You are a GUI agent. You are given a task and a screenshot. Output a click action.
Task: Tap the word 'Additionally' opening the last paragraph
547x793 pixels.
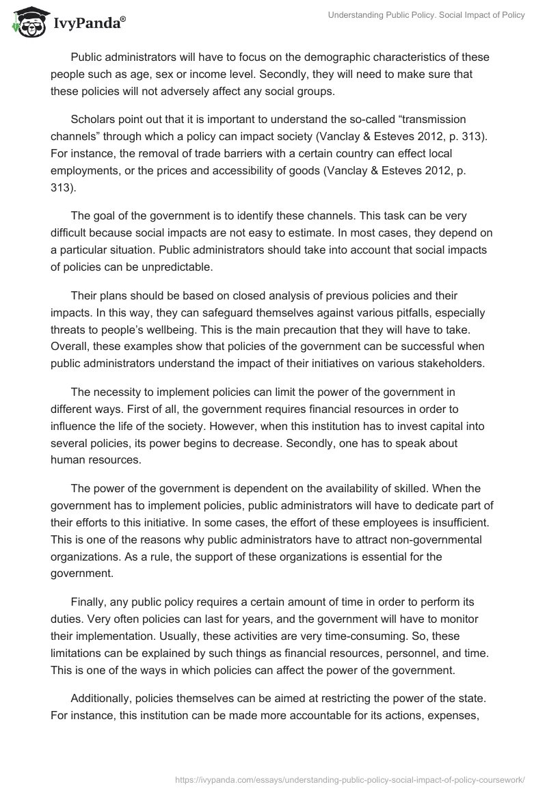103,698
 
